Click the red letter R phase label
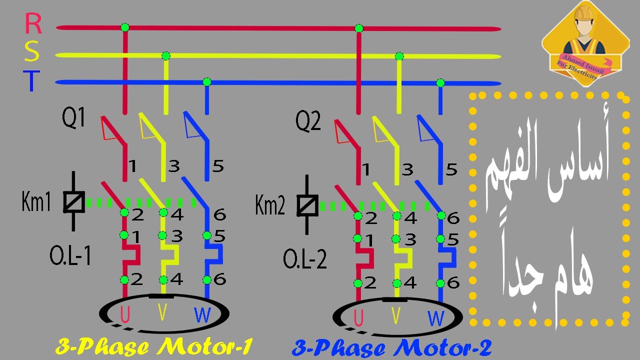[33, 23]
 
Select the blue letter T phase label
[31, 81]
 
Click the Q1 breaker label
[73, 117]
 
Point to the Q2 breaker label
[307, 121]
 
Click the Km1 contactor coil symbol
[73, 201]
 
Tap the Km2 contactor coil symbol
[307, 205]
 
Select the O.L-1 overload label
[70, 255]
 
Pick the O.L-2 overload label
[304, 258]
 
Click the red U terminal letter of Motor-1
[125, 314]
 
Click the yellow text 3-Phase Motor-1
[154, 346]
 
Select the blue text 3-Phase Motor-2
[391, 348]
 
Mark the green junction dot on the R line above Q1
[125, 27]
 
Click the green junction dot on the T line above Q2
[440, 83]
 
